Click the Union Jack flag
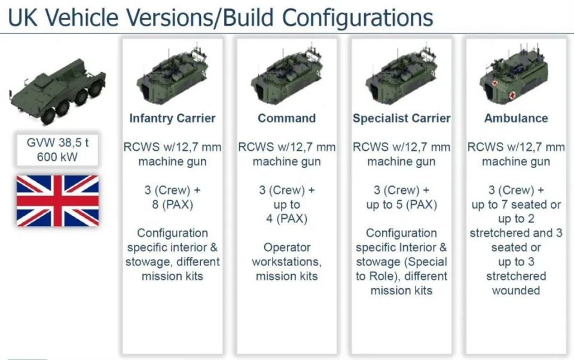(x=57, y=200)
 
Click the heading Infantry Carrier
(x=172, y=118)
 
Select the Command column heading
(x=286, y=118)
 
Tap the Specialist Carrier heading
(x=402, y=118)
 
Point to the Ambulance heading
(x=516, y=118)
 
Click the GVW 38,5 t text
(x=57, y=142)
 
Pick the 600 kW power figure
(x=57, y=157)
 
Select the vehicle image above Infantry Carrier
(x=172, y=74)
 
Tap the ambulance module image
(x=514, y=74)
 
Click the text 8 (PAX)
(x=172, y=205)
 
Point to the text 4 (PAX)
(x=286, y=219)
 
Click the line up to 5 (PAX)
(x=402, y=205)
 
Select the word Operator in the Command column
(x=287, y=247)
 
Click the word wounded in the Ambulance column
(x=516, y=291)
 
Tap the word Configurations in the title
(x=358, y=17)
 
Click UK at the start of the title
(x=23, y=17)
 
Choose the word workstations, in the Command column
(x=286, y=262)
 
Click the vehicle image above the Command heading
(x=286, y=74)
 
